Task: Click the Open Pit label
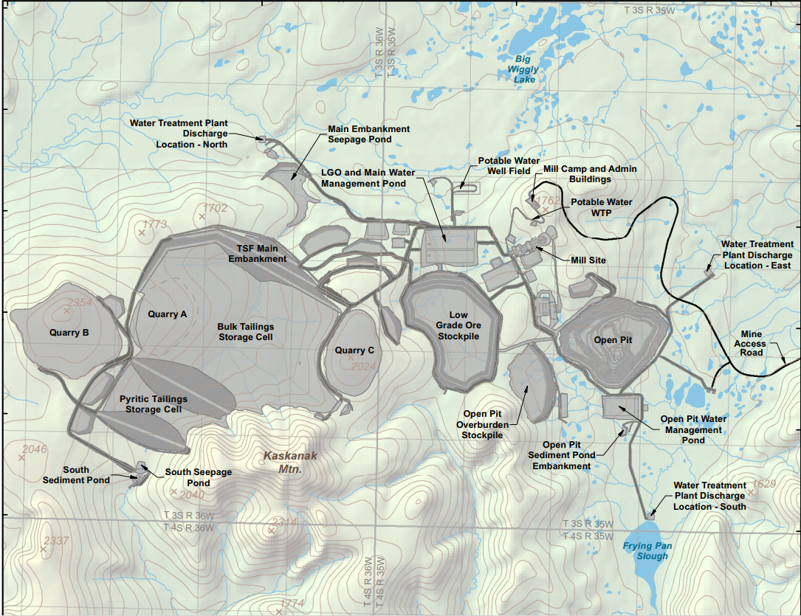pos(613,340)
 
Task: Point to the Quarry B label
pos(69,333)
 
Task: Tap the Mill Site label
pos(588,260)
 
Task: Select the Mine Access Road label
pos(752,343)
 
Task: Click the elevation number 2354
pos(80,302)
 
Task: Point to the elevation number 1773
pos(155,224)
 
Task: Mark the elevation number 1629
pos(764,484)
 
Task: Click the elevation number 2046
pos(35,449)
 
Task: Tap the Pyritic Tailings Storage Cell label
pos(153,404)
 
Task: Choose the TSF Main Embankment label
pos(257,254)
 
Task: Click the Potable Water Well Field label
pos(504,165)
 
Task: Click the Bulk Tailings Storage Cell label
pos(245,332)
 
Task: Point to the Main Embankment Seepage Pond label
pos(368,134)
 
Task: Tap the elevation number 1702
pos(216,209)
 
